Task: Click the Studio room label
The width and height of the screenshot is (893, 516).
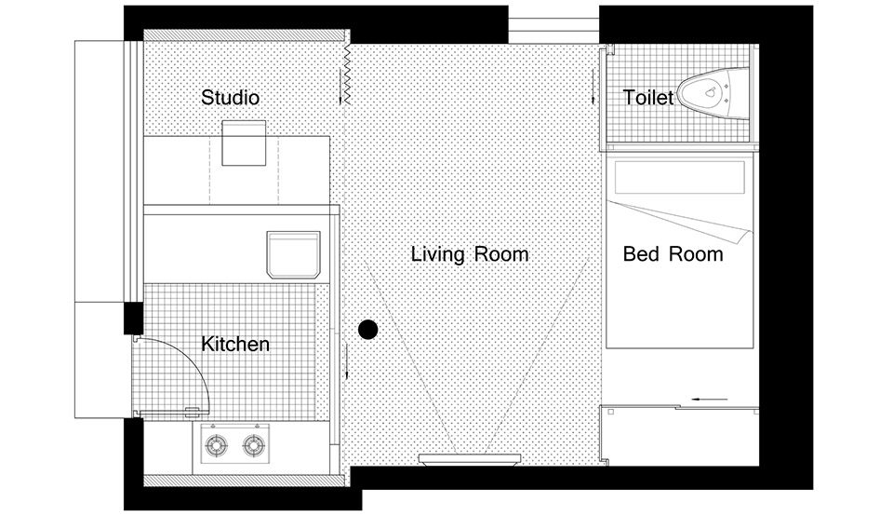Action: click(x=230, y=98)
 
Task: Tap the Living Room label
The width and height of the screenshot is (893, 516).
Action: click(x=469, y=254)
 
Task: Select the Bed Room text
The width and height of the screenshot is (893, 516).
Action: click(x=673, y=253)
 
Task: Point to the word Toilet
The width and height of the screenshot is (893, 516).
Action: click(x=648, y=98)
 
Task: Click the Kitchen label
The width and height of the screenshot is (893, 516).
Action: click(x=235, y=344)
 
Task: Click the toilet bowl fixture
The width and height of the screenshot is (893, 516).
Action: click(x=714, y=93)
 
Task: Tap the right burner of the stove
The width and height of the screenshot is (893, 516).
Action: click(x=254, y=444)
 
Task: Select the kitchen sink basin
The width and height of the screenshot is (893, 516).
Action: click(x=293, y=254)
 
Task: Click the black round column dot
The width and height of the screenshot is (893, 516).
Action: click(x=368, y=330)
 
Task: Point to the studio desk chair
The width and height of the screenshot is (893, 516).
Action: click(x=244, y=143)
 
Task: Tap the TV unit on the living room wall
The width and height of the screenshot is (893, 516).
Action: click(x=470, y=458)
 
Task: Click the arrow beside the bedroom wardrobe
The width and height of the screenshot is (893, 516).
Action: click(x=710, y=400)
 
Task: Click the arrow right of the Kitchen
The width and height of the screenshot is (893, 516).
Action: click(x=346, y=361)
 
